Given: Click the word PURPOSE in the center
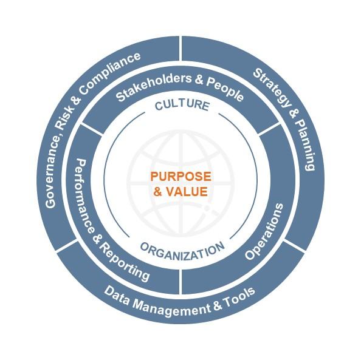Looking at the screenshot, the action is (x=180, y=177).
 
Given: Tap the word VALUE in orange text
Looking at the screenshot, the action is (x=187, y=191).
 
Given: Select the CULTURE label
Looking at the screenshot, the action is (x=182, y=106).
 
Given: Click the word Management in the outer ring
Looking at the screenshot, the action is (x=172, y=308).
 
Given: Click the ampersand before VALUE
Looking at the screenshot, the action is (x=158, y=191).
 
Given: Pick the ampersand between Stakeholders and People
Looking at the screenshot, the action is (x=199, y=80).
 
